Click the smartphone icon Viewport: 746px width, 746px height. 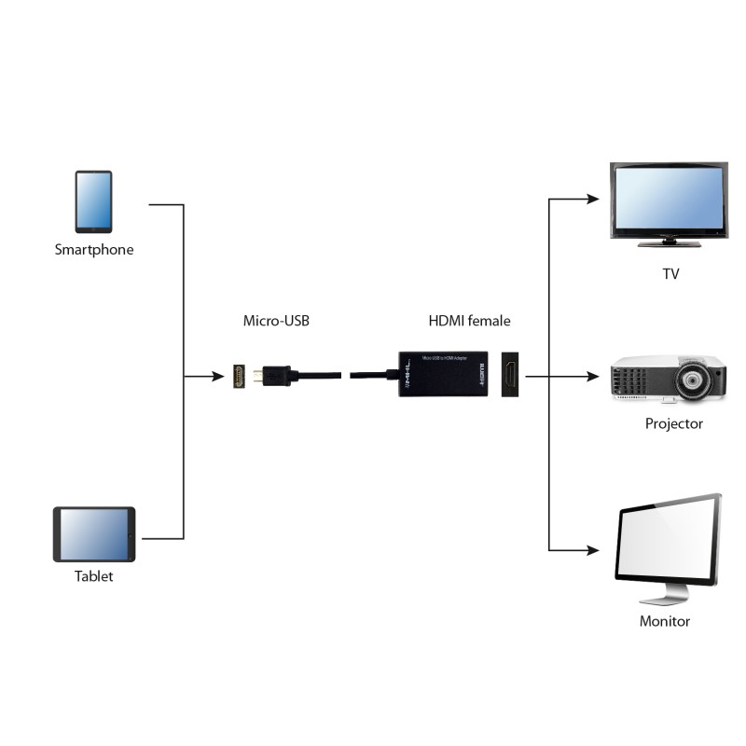93,201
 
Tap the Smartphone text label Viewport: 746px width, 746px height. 93,250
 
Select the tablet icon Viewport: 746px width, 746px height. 94,534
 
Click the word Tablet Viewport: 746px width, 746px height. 93,576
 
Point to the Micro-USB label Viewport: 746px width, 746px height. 276,321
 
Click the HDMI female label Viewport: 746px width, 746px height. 469,321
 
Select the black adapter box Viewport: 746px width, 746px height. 444,374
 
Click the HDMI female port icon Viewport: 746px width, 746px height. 511,375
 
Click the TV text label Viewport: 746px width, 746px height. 670,274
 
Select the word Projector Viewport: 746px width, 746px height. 673,423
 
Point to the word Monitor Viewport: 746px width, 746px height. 665,621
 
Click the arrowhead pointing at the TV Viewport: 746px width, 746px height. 591,199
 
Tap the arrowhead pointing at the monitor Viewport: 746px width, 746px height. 591,550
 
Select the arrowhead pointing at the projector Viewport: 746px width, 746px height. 591,377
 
